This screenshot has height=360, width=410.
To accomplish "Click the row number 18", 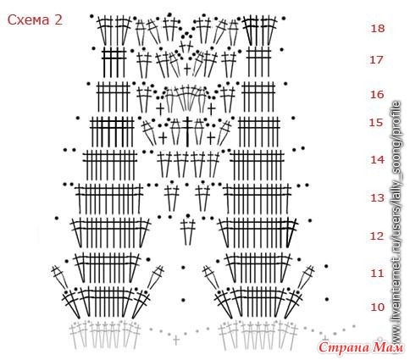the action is (378, 28).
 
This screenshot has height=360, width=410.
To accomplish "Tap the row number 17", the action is (377, 60).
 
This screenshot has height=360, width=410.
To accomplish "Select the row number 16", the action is (377, 94).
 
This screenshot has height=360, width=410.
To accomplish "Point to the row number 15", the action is (377, 123).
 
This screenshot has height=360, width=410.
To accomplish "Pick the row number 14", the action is (378, 160).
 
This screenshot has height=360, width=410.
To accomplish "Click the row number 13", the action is (378, 198).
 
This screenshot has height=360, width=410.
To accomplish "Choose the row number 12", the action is (378, 235).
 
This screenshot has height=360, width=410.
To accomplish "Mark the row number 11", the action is (377, 274).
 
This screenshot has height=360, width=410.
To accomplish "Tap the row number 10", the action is (377, 307).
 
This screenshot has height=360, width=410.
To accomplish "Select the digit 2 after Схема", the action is (58, 20).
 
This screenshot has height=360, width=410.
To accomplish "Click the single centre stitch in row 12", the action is (188, 231).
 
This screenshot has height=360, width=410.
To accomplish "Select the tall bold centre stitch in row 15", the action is (187, 132).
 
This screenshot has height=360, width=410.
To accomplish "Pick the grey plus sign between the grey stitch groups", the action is (176, 340).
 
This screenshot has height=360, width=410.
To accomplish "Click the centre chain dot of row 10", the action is (183, 300).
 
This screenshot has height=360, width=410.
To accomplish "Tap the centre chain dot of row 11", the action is (183, 268).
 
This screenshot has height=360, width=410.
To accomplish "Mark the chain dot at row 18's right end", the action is (284, 19).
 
